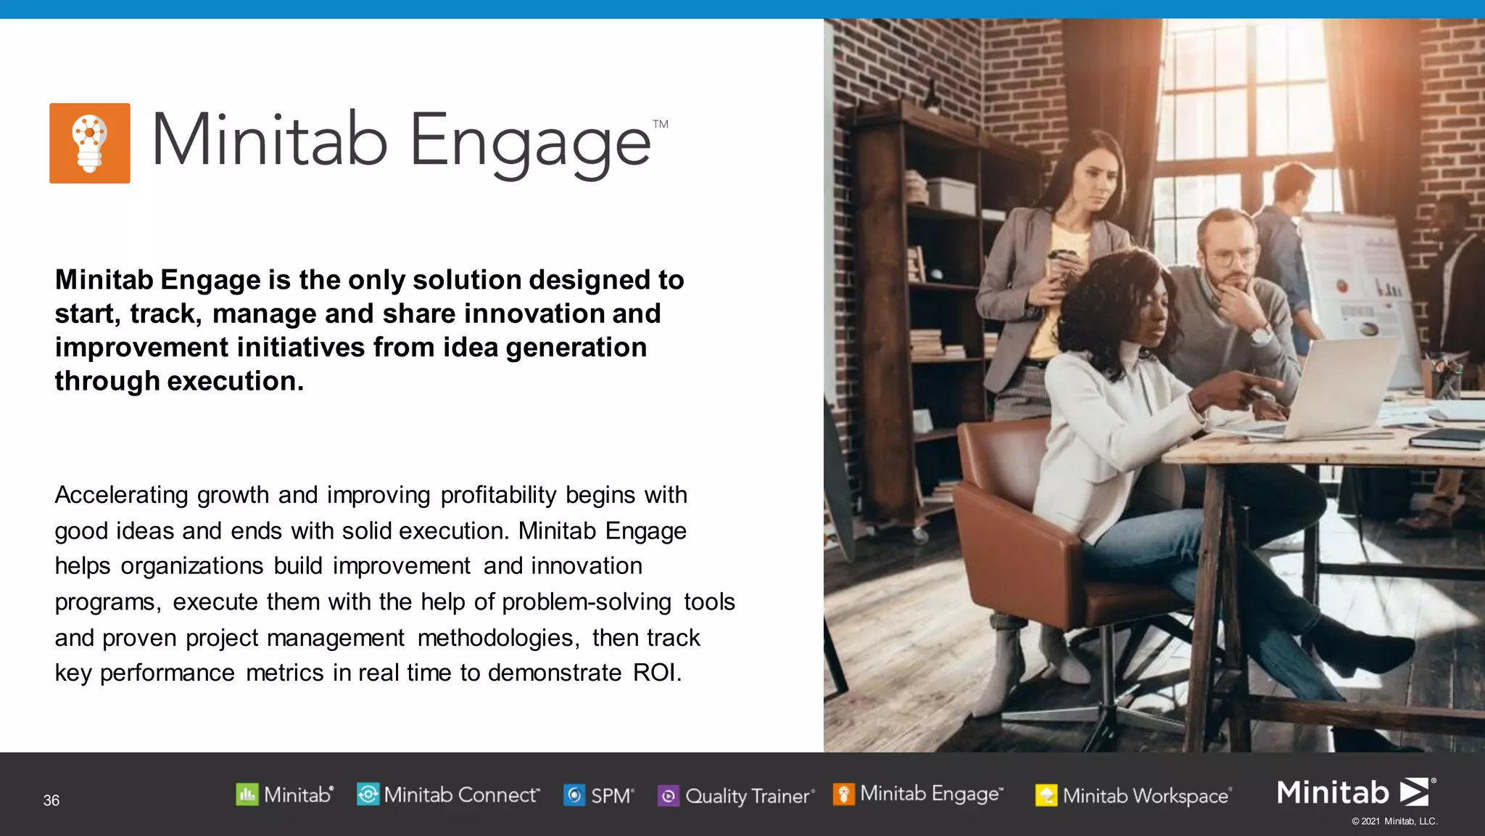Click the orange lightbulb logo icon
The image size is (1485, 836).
pyautogui.click(x=90, y=143)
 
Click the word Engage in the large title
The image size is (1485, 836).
pyautogui.click(x=530, y=144)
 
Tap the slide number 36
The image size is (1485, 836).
pyautogui.click(x=51, y=800)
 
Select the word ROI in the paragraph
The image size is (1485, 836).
pyautogui.click(x=655, y=673)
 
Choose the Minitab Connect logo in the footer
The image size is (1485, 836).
pyautogui.click(x=448, y=795)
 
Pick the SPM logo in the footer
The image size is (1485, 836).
pyautogui.click(x=599, y=796)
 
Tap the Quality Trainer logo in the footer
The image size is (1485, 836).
pyautogui.click(x=736, y=796)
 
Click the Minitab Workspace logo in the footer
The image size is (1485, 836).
pyautogui.click(x=1133, y=796)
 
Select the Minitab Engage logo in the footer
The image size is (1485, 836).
pyautogui.click(x=919, y=794)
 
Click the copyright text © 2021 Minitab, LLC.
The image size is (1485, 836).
pyautogui.click(x=1394, y=821)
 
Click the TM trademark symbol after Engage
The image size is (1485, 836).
pyautogui.click(x=660, y=124)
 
